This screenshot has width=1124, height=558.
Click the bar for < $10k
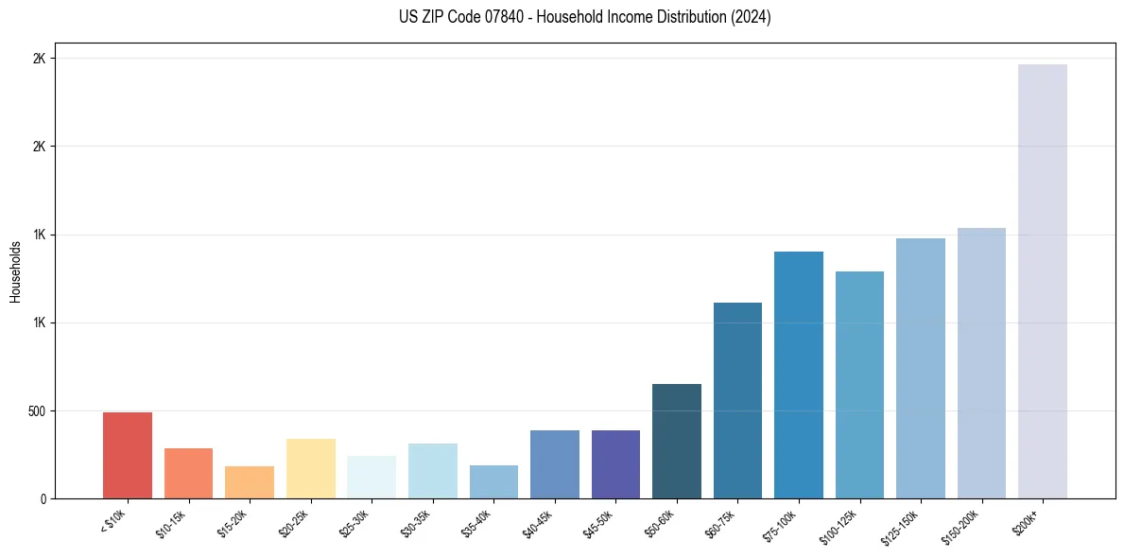click(x=128, y=455)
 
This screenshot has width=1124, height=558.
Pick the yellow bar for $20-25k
click(x=311, y=468)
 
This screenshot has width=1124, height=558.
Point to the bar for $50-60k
click(x=677, y=441)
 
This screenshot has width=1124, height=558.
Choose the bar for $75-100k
click(x=799, y=375)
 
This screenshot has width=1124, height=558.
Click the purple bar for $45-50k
click(x=615, y=464)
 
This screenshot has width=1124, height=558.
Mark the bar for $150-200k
click(x=981, y=363)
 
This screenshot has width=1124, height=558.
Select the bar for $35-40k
click(x=493, y=481)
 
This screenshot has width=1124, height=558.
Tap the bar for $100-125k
click(x=859, y=385)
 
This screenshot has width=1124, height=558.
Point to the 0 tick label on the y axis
click(x=43, y=499)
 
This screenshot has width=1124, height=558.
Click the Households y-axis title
click(x=15, y=271)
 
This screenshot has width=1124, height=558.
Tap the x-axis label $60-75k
click(x=722, y=523)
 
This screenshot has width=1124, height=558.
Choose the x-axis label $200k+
click(x=1028, y=520)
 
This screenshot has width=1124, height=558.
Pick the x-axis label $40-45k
click(x=539, y=523)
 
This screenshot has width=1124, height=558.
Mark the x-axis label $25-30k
click(x=356, y=523)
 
